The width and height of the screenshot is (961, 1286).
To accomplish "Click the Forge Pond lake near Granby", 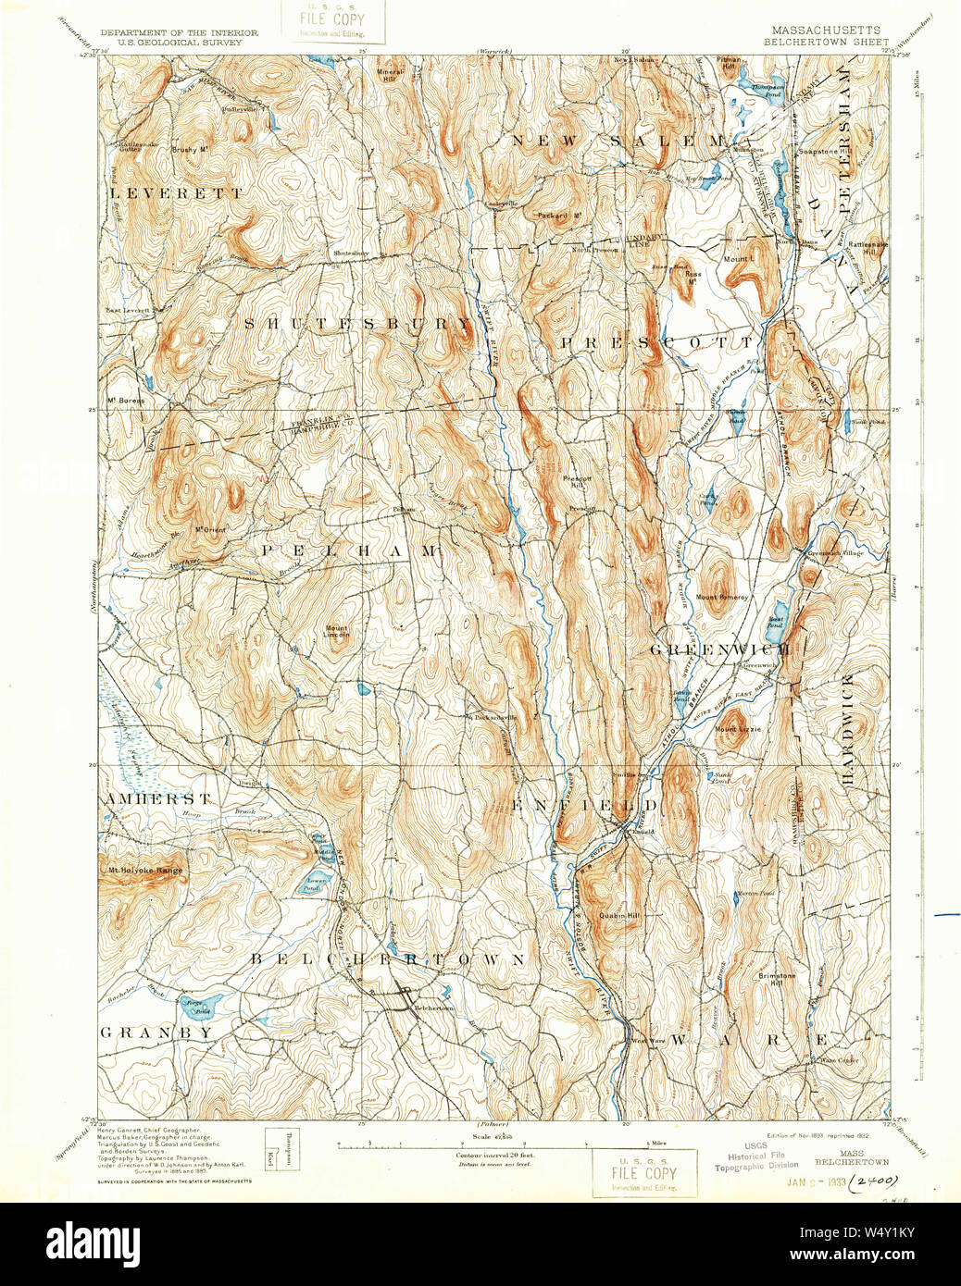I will point(206,1005).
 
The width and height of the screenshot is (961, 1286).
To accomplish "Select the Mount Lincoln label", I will point(337,632).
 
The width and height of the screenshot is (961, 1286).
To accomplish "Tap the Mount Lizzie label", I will point(738,729).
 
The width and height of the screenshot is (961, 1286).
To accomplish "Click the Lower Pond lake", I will point(315,882).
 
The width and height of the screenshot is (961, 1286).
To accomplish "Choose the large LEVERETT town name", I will point(176,193).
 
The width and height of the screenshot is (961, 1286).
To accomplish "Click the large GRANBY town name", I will point(156,1032).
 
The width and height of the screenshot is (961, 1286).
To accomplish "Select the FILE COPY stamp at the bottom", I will point(644,1173).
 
